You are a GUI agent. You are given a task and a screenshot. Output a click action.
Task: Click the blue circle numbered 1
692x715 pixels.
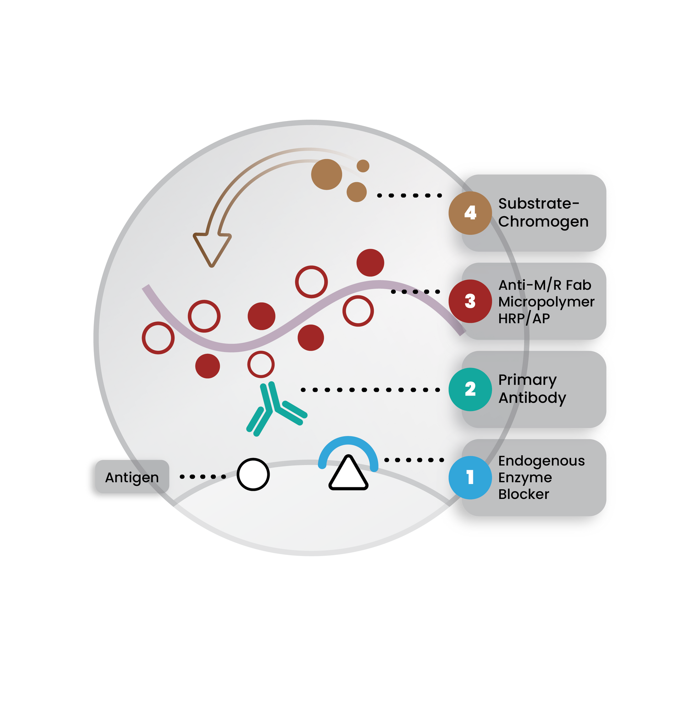tap(470, 477)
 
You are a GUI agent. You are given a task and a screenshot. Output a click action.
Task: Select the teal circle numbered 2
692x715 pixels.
tap(470, 389)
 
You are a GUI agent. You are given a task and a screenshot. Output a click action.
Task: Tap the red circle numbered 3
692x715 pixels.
tap(470, 301)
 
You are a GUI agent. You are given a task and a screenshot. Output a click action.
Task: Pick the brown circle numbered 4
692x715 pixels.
tap(470, 213)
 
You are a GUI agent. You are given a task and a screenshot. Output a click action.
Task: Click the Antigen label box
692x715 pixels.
tap(132, 477)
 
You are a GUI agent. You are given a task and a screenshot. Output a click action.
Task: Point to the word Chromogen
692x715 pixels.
tap(543, 222)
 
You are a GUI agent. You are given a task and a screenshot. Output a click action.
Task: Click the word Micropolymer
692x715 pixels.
tap(546, 302)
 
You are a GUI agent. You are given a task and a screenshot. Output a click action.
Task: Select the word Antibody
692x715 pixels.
tap(532, 398)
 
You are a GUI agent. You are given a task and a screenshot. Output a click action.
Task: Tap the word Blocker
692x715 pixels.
tap(523, 494)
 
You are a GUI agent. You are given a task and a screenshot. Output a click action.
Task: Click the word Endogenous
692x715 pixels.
tap(541, 461)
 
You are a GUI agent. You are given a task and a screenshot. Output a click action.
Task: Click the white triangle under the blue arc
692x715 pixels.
tap(348, 472)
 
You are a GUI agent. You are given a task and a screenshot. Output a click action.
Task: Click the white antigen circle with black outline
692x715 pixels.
tap(253, 474)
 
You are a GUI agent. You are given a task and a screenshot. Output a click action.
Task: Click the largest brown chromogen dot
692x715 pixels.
tap(326, 174)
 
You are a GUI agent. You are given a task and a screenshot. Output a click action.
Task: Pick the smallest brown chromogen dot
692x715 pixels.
tap(363, 166)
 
